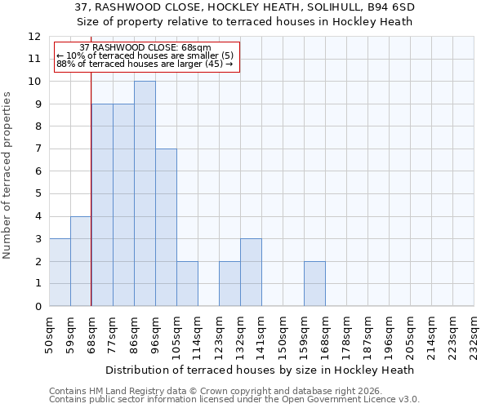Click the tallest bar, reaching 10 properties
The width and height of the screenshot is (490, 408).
click(145, 193)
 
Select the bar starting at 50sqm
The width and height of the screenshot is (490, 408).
click(60, 272)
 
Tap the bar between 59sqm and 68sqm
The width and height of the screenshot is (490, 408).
click(81, 261)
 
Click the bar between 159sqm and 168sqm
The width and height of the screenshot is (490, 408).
click(314, 283)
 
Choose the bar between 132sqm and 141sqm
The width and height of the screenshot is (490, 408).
click(251, 272)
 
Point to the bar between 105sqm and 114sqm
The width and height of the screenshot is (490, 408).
click(187, 283)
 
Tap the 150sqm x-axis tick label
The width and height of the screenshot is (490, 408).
click(283, 335)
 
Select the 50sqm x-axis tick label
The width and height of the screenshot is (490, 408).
click(49, 335)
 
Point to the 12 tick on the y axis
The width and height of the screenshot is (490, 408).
click(34, 37)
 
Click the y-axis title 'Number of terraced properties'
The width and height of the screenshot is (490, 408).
click(8, 175)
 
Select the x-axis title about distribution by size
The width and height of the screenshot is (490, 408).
click(261, 370)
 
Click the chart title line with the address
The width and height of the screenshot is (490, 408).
click(245, 7)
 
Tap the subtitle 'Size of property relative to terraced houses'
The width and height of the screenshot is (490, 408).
click(245, 21)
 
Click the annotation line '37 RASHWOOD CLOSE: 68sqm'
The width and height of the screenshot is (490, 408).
click(145, 48)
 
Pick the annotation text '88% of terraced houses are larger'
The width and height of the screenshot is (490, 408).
click(145, 64)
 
